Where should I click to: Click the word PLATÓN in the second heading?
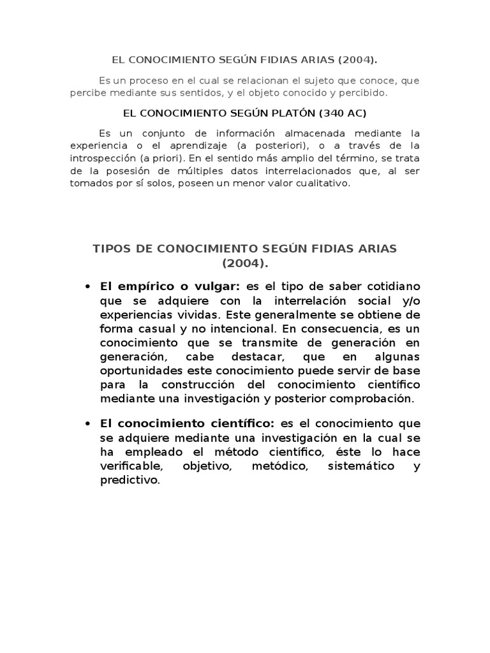[294, 113]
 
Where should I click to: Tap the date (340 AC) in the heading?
[344, 113]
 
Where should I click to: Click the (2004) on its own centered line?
[246, 263]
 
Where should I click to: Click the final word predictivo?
[129, 480]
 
